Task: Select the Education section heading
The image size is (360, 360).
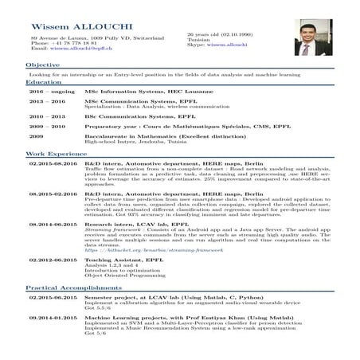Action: pyautogui.click(x=43, y=82)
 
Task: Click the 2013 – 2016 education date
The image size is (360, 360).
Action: pyautogui.click(x=45, y=103)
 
